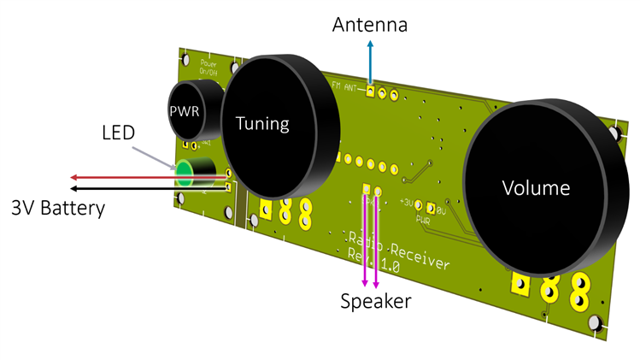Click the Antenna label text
click(370, 25)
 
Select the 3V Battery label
click(57, 208)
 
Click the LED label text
click(119, 134)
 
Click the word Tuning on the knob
click(262, 124)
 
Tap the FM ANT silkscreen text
click(345, 84)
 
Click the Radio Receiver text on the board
click(401, 251)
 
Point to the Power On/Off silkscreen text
click(208, 68)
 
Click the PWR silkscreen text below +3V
click(421, 219)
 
